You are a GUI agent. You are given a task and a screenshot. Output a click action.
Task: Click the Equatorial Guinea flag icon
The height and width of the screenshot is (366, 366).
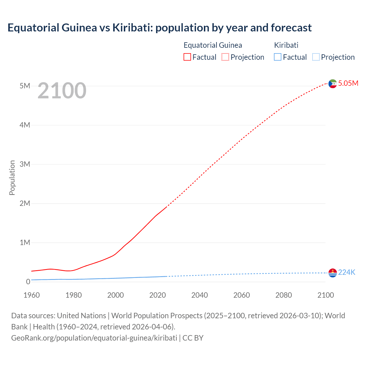tap(333, 83)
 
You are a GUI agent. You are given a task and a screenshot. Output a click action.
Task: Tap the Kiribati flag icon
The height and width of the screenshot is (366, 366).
tap(333, 273)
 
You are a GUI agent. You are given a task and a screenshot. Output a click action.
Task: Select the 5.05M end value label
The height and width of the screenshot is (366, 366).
tap(348, 83)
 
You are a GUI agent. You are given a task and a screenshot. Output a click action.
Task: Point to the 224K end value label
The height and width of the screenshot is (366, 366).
tap(347, 272)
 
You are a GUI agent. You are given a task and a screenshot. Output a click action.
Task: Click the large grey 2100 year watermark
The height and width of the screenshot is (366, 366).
tap(62, 91)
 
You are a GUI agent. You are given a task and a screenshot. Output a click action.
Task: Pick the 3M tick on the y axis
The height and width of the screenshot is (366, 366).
tap(25, 164)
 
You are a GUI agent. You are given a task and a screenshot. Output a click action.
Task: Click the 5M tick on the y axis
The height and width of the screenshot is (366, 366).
tap(25, 86)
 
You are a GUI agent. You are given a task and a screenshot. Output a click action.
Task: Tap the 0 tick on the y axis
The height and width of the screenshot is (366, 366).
tap(28, 282)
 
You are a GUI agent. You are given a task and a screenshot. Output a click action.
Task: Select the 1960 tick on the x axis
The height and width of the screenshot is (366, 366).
tap(31, 295)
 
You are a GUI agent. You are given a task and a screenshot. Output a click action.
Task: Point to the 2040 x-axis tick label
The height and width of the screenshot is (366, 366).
tap(200, 295)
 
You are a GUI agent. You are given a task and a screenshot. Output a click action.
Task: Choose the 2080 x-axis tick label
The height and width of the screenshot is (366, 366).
tap(284, 295)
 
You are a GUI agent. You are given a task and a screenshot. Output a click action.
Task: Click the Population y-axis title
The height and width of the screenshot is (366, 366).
tap(12, 178)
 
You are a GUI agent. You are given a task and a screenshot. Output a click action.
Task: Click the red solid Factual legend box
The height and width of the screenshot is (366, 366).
tap(187, 57)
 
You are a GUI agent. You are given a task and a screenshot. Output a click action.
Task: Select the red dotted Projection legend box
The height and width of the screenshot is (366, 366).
tap(225, 57)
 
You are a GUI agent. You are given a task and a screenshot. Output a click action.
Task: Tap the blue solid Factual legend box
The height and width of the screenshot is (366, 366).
tap(278, 57)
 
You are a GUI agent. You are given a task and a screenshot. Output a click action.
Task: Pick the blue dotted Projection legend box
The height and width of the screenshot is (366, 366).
tap(316, 57)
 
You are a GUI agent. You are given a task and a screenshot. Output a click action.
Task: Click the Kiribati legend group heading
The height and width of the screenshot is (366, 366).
tap(286, 45)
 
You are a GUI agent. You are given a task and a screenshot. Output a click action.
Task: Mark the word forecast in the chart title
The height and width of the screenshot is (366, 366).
tap(291, 28)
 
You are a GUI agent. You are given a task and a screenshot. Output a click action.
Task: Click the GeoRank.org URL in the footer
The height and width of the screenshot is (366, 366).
tap(94, 338)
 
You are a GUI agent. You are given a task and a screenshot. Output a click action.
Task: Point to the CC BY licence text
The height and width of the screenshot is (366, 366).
tap(193, 338)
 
